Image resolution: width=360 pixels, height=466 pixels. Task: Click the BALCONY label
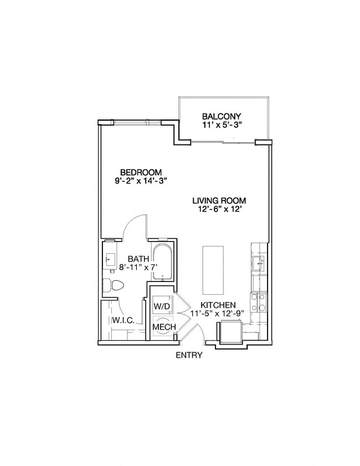222,116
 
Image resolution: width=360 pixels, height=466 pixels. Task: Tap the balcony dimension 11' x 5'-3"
222,125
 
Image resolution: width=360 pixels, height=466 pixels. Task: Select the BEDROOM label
141,171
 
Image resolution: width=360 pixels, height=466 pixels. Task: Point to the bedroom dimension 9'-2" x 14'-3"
141,180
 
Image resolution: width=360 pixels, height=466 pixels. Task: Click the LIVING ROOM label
219,201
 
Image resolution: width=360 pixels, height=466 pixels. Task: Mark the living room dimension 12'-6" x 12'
219,209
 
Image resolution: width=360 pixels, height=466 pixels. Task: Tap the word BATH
138,259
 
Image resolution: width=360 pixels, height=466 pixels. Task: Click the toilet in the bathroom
113,285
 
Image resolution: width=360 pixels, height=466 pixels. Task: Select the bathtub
162,260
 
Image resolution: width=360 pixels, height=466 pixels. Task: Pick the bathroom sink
110,259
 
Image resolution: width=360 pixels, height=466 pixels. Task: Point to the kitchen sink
258,262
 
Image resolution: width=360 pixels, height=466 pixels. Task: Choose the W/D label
163,305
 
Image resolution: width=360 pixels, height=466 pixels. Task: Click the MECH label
164,327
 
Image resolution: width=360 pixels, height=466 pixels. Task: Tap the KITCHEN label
218,305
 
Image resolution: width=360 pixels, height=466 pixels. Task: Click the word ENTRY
189,355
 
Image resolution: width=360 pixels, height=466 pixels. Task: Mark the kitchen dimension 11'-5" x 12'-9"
218,314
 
